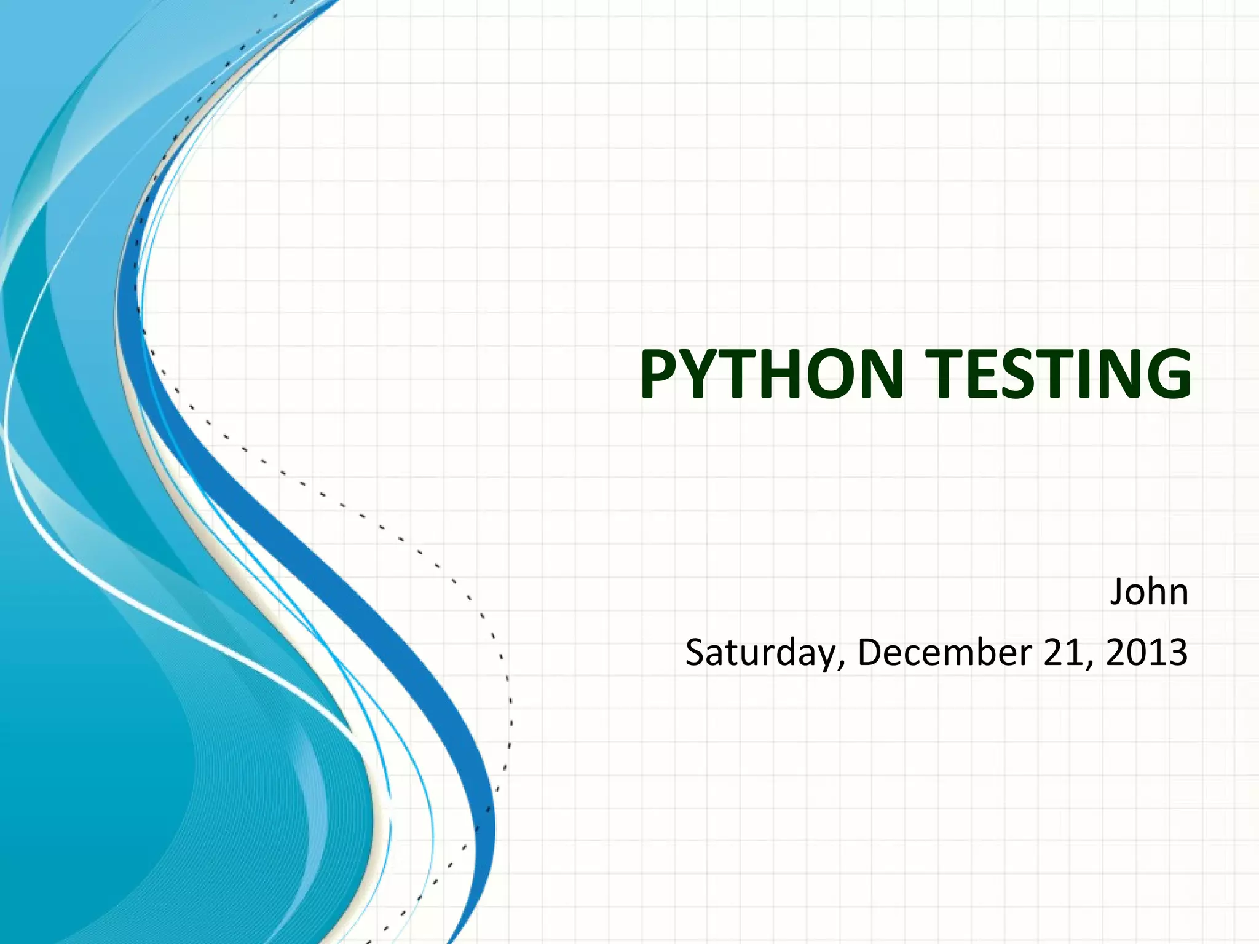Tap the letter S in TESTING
1033,374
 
